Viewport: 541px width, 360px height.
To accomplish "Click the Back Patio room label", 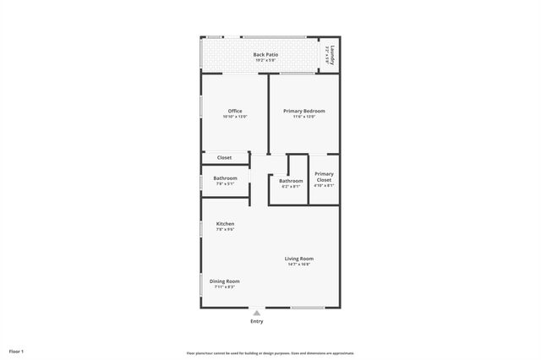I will pyautogui.click(x=265, y=55).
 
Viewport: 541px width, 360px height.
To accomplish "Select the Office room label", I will pyautogui.click(x=235, y=111).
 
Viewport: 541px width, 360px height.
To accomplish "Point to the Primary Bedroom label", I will pyautogui.click(x=303, y=111).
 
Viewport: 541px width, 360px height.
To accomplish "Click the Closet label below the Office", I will pyautogui.click(x=224, y=157).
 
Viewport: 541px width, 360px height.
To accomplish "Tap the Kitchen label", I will pyautogui.click(x=225, y=223).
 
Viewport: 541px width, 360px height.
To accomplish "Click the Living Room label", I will pyautogui.click(x=299, y=259).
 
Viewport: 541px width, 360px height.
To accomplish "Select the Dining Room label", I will pyautogui.click(x=226, y=281).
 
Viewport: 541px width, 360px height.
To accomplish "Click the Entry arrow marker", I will pyautogui.click(x=257, y=313).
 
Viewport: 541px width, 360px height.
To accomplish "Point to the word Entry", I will pyautogui.click(x=257, y=321).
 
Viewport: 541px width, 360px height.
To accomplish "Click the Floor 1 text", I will pyautogui.click(x=17, y=350).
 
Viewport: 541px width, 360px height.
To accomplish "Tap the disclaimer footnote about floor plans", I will pyautogui.click(x=270, y=353).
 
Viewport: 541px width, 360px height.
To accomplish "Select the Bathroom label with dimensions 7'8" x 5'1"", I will pyautogui.click(x=225, y=178).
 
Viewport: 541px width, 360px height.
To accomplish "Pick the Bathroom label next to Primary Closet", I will pyautogui.click(x=291, y=181).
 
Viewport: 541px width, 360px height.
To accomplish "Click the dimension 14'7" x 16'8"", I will pyautogui.click(x=299, y=265).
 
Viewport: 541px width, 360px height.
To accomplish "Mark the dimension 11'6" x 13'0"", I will pyautogui.click(x=303, y=117).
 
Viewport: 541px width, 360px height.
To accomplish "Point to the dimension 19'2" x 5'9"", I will pyautogui.click(x=265, y=61).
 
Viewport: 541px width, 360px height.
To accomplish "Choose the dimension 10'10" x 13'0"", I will pyautogui.click(x=235, y=117).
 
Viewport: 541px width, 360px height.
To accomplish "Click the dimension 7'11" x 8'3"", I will pyautogui.click(x=226, y=286).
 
